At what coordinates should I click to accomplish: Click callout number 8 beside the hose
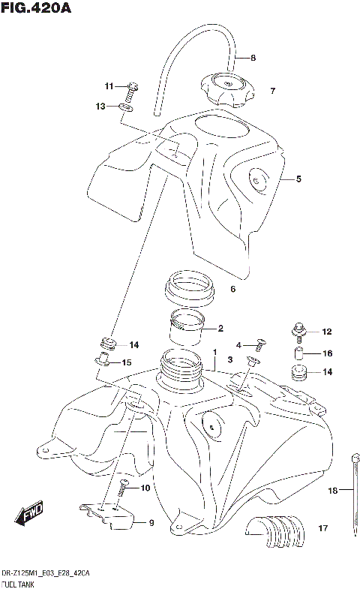coord(253,58)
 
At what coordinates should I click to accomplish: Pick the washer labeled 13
coord(127,107)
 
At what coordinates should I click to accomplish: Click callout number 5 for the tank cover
coord(298,179)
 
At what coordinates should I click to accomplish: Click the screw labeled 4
coord(260,344)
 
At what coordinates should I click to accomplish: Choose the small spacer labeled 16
coord(297,353)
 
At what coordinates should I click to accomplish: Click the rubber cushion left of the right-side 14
coord(298,373)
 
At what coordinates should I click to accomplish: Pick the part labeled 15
coord(103,362)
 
